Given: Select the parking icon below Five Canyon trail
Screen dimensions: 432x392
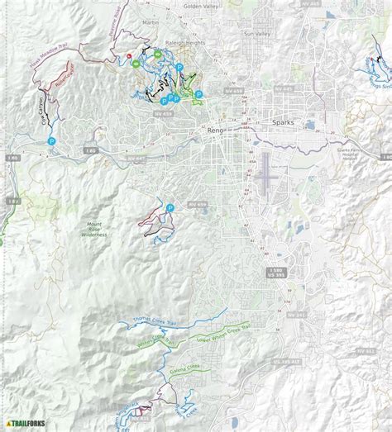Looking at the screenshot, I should click(51, 141).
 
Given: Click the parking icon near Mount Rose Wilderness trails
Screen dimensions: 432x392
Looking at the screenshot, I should click(170, 208).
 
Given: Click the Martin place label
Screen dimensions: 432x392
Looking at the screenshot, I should click(150, 22).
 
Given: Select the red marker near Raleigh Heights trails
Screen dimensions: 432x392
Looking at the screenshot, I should click(130, 57).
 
